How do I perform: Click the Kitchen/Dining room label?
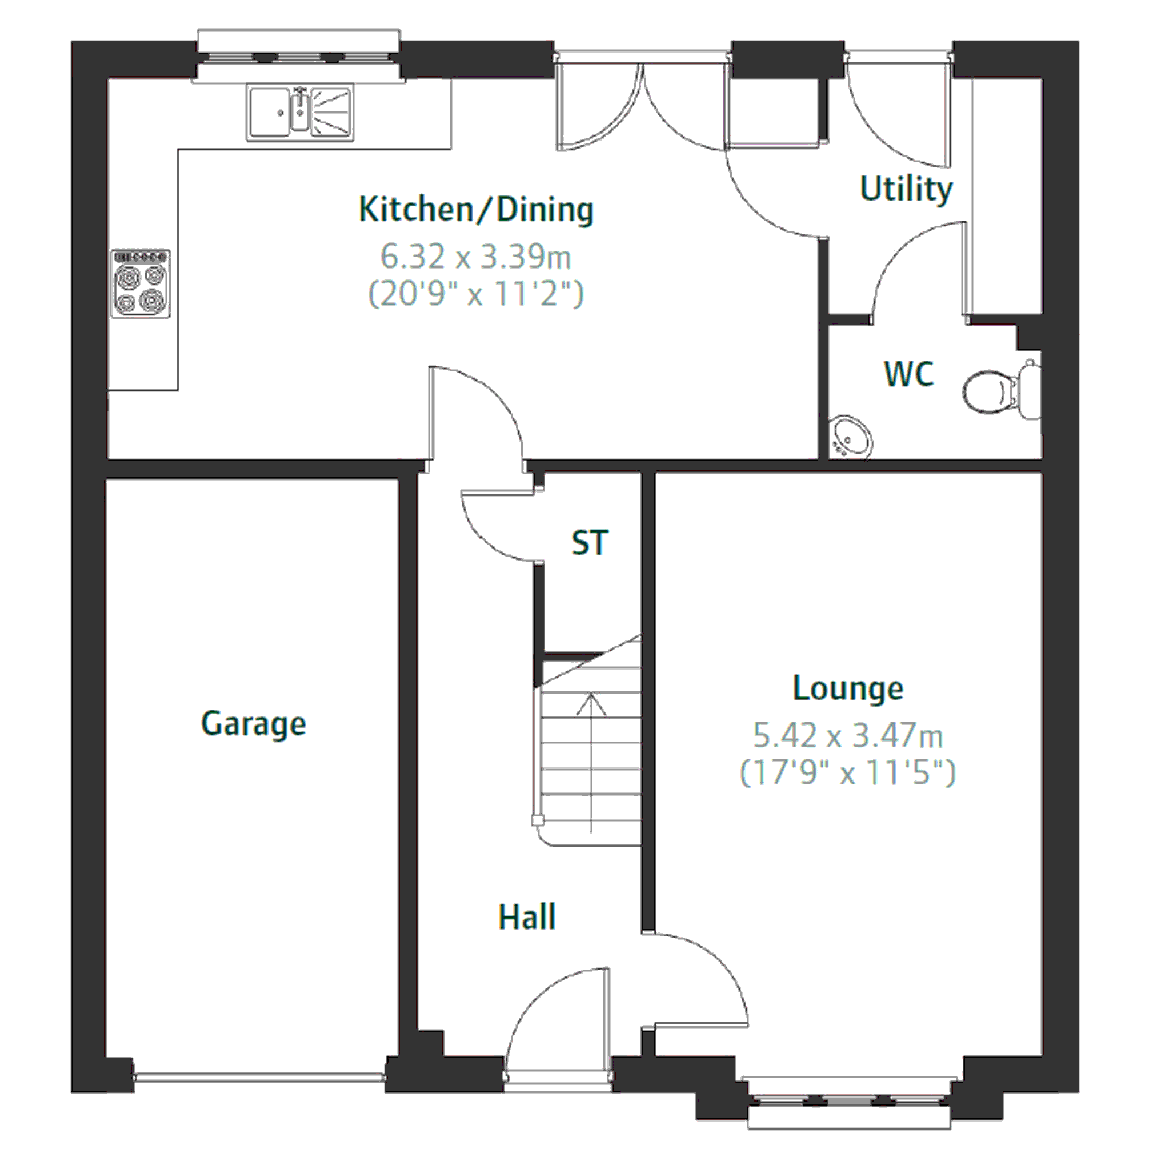(x=476, y=210)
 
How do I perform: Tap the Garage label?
(x=253, y=724)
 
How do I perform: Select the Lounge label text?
(x=848, y=688)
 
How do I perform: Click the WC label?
(x=908, y=374)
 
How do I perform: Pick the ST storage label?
(x=590, y=543)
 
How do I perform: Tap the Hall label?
(x=527, y=917)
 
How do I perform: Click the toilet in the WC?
(x=1001, y=390)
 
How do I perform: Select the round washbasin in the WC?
(x=850, y=437)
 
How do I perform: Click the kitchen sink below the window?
(x=299, y=113)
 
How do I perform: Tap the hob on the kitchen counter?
(x=141, y=284)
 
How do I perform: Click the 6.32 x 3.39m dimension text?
(x=476, y=257)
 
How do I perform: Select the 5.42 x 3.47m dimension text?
(x=848, y=735)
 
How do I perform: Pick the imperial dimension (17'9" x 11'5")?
(x=848, y=772)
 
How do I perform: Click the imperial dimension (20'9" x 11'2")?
(x=476, y=294)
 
